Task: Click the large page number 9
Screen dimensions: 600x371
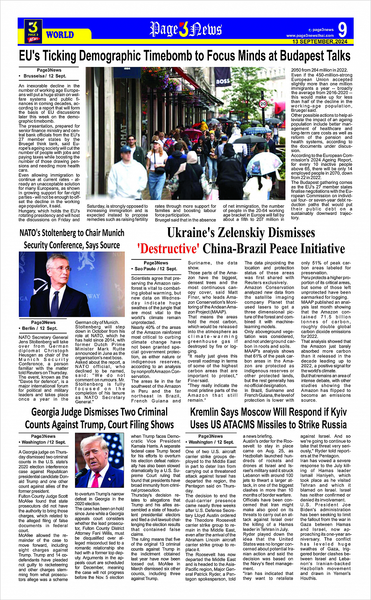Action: pos(342,29)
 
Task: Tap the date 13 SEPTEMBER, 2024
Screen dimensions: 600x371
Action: pos(320,42)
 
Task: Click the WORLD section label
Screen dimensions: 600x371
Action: pos(60,35)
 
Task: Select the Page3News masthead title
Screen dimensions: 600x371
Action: pos(186,29)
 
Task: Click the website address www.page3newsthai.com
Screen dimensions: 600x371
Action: pos(310,36)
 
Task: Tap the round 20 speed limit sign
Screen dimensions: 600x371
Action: pos(263,104)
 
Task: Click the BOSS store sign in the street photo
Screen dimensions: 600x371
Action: pos(223,82)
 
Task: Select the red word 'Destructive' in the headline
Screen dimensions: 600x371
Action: pos(168,249)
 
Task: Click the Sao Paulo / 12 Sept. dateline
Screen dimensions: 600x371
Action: pos(156,269)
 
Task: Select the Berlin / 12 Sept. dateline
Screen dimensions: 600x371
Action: pos(40,328)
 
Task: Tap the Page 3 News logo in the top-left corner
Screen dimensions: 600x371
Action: pos(33,31)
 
